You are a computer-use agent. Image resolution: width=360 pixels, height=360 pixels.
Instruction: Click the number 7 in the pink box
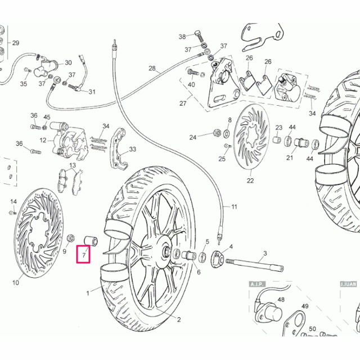(x=84, y=256)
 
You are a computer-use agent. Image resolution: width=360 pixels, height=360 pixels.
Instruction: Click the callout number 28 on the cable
(x=152, y=69)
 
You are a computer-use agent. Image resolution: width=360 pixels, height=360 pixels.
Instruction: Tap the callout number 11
(x=235, y=207)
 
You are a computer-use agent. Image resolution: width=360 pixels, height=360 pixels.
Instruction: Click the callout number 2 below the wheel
(x=179, y=320)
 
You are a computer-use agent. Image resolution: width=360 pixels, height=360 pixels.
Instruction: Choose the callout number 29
(x=16, y=43)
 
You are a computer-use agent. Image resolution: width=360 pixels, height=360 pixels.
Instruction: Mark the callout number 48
(x=281, y=301)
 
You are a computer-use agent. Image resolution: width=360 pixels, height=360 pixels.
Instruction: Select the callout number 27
(x=182, y=103)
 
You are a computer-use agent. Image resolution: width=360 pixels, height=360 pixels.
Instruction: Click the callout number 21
(x=290, y=157)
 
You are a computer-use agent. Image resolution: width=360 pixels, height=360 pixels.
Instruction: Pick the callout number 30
(x=68, y=62)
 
